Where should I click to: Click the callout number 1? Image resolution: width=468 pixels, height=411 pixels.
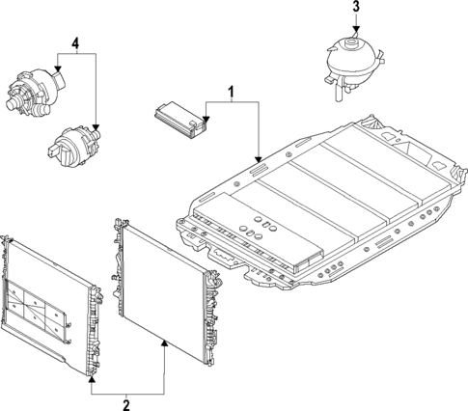click(232, 93)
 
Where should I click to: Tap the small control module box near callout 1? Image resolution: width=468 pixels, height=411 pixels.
click(180, 118)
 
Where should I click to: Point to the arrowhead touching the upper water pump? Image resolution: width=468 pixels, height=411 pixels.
click(57, 68)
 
